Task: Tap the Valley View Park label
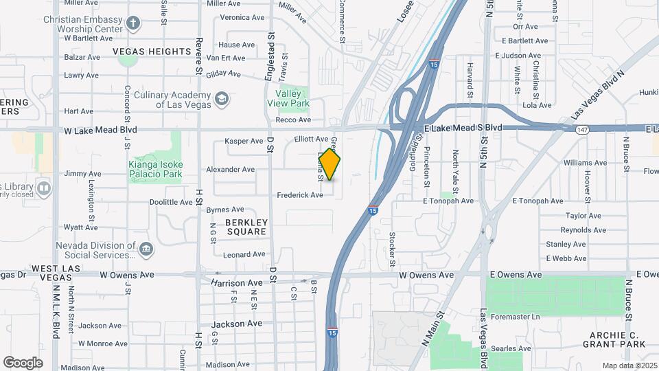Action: [292, 98]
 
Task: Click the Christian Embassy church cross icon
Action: [133, 24]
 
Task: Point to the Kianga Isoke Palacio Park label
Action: [156, 170]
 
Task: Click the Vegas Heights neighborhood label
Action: [151, 52]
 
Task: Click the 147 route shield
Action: [583, 128]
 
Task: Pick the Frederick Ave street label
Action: [300, 195]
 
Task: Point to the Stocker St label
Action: [392, 249]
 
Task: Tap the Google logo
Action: [23, 362]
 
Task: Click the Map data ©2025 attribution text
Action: [629, 366]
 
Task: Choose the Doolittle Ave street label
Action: [171, 203]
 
